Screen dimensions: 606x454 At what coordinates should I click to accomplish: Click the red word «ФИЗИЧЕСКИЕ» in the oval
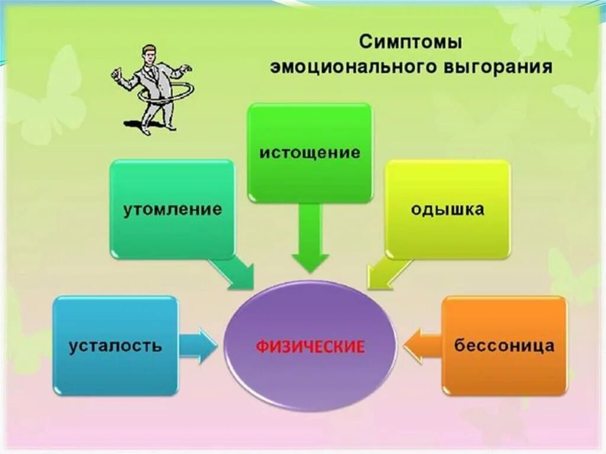click(310, 346)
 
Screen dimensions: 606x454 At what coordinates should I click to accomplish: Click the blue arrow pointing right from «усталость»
click(198, 346)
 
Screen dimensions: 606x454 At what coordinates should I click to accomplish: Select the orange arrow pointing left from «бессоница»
click(422, 346)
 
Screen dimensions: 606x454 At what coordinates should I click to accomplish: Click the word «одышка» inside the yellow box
click(447, 209)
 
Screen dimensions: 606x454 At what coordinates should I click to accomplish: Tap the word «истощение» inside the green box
click(310, 152)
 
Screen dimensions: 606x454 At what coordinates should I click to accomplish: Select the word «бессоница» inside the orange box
click(504, 346)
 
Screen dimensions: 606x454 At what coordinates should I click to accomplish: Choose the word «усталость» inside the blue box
click(115, 346)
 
